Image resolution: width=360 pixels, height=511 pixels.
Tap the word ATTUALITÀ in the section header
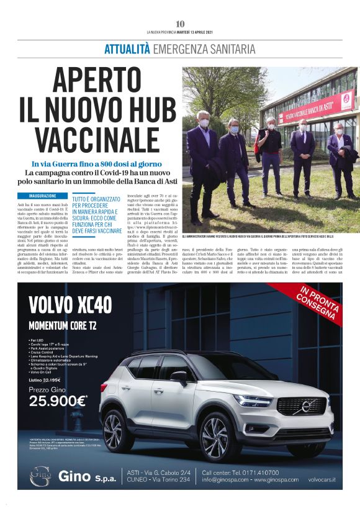127,49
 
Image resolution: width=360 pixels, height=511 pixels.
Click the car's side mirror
179,377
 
